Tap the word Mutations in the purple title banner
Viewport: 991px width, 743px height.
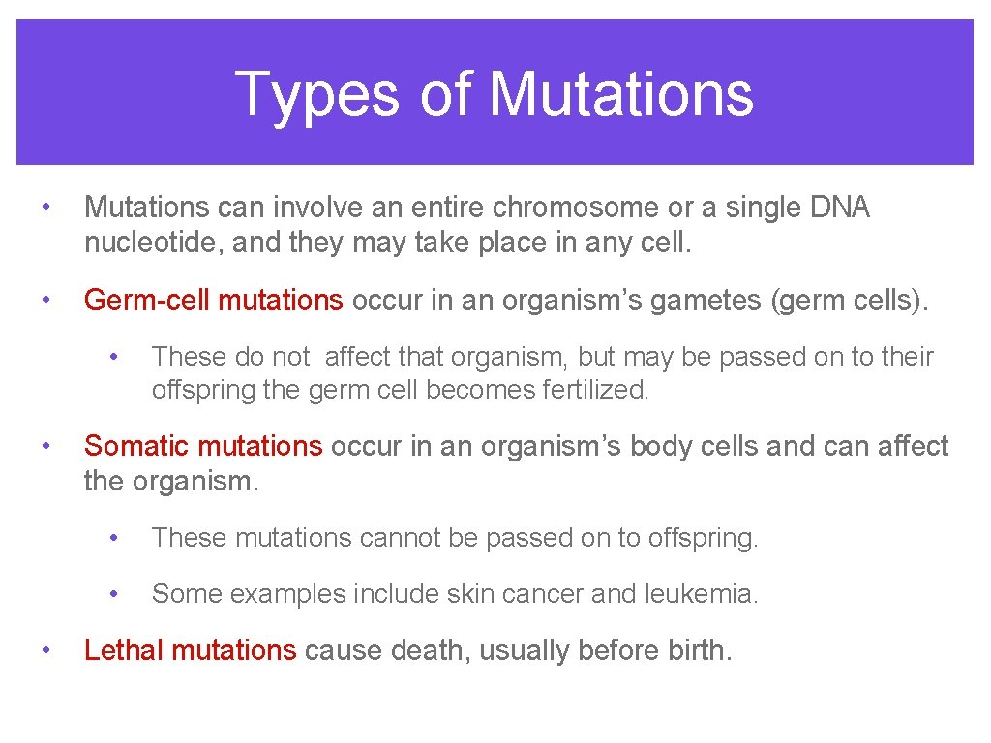click(x=620, y=95)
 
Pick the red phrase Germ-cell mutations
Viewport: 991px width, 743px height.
click(x=213, y=300)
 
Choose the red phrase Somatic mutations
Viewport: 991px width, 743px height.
click(x=202, y=446)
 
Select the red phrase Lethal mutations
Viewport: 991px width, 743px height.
click(x=190, y=650)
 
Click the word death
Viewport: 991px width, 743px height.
click(x=431, y=650)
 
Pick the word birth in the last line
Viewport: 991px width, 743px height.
click(x=699, y=650)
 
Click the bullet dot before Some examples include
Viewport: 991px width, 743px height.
click(x=115, y=594)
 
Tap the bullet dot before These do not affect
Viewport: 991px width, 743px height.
click(x=115, y=357)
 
